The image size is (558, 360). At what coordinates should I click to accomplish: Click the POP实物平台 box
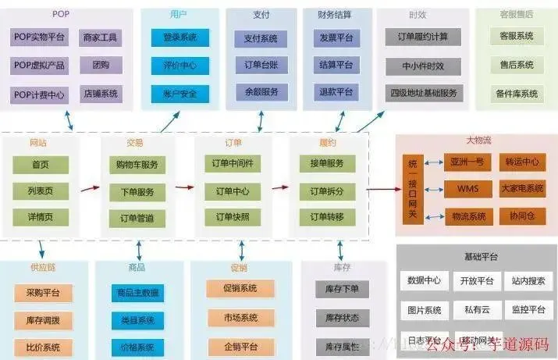[x=40, y=37]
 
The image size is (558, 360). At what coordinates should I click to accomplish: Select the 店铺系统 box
[x=101, y=94]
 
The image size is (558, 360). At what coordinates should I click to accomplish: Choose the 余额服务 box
[x=261, y=92]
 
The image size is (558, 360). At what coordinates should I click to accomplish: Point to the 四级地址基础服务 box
[x=423, y=92]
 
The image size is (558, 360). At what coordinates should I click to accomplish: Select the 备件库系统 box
[x=517, y=94]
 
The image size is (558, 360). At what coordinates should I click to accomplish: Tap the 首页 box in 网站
[x=41, y=165]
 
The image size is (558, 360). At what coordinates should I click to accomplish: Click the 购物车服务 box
[x=137, y=165]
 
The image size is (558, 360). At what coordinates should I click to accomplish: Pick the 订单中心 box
[x=232, y=191]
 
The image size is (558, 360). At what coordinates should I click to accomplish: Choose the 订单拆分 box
[x=327, y=191]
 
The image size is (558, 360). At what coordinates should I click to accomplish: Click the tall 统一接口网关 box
[x=413, y=191]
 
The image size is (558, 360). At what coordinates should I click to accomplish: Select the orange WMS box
[x=467, y=188]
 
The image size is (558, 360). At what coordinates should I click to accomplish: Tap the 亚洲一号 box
[x=467, y=162]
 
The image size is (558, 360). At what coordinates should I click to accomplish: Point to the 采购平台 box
[x=43, y=293]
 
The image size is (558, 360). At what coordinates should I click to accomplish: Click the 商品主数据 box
[x=137, y=293]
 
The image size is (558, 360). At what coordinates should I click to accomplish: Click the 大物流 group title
[x=478, y=141]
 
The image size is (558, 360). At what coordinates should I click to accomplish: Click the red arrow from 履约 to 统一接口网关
[x=382, y=188]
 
